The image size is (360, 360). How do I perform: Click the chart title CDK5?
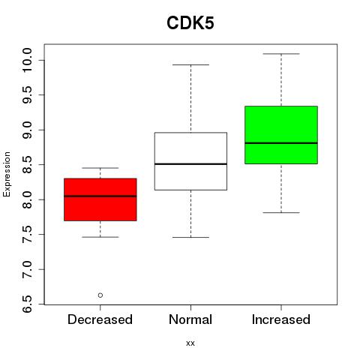190,23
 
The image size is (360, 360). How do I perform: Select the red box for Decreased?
100,199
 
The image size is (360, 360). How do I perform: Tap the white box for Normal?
190,161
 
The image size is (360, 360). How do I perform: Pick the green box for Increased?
281,135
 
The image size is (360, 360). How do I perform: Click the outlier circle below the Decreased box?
100,295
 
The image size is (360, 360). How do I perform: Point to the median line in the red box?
100,196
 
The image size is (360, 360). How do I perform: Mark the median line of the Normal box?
190,164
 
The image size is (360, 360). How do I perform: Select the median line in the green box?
281,143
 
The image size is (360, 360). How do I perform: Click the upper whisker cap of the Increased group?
281,54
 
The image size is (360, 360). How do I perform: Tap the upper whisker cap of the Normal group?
190,64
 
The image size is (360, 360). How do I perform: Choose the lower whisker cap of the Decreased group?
100,237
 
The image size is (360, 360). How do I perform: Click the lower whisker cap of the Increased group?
281,212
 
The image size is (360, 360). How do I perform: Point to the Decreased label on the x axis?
100,319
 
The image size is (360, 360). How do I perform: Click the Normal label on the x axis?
190,319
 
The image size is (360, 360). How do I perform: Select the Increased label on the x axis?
281,319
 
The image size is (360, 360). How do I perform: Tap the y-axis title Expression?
7,174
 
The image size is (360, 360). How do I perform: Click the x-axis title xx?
190,343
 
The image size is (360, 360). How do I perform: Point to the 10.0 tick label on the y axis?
27,60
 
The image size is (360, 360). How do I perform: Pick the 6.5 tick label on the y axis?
27,304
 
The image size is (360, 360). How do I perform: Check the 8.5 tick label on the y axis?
27,165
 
